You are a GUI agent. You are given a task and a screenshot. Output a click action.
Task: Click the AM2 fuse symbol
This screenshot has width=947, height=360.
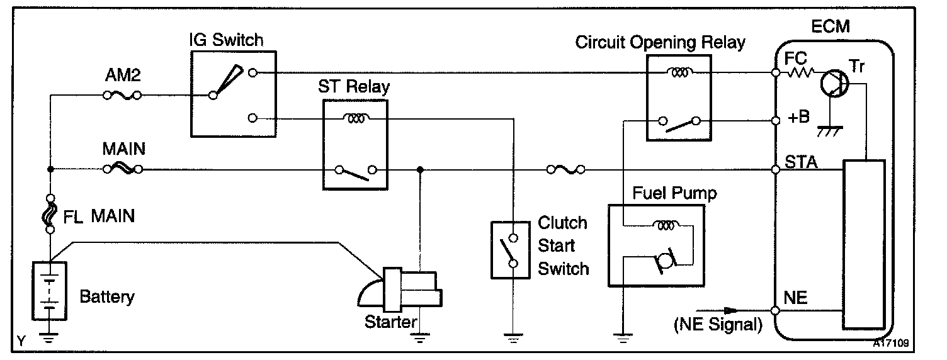(122, 96)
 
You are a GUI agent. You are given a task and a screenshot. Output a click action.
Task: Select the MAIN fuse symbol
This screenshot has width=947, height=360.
(122, 169)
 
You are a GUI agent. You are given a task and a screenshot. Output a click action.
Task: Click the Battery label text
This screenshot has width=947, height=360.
(107, 296)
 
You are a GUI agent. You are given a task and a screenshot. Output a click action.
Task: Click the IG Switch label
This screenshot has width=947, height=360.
(226, 41)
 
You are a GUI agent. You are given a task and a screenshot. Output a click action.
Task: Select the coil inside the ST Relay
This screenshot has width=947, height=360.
(355, 117)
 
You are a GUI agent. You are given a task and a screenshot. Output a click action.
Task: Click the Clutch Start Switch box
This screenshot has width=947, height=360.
(513, 250)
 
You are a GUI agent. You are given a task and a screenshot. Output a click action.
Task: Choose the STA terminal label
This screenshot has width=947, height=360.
(800, 162)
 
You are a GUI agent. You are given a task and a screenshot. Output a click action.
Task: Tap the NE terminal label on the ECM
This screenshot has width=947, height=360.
(796, 297)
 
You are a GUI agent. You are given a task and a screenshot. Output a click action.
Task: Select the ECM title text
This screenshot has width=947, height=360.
(831, 26)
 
